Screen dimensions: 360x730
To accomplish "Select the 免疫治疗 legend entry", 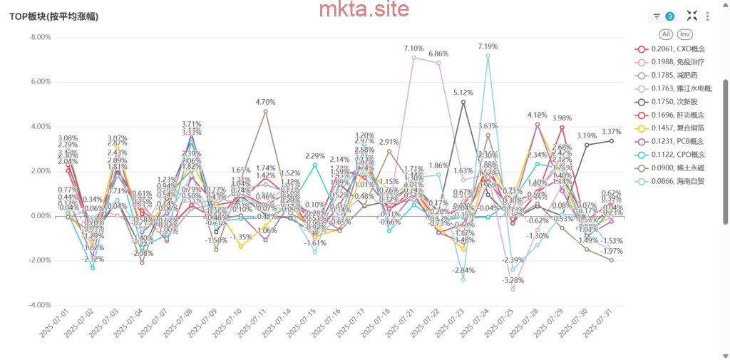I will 677,63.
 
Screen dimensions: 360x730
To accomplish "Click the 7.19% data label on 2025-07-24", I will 488,46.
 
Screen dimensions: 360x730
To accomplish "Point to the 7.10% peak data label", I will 413,48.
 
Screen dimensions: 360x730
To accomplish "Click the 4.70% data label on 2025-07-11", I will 265,102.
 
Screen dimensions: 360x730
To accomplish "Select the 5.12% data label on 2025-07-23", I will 463,93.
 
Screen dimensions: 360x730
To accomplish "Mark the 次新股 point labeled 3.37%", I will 612,140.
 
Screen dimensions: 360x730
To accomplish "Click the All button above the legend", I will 666,34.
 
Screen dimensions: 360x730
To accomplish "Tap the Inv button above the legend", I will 684,34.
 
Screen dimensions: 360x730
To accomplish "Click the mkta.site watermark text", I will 364,9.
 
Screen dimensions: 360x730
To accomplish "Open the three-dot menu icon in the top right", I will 707,16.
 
